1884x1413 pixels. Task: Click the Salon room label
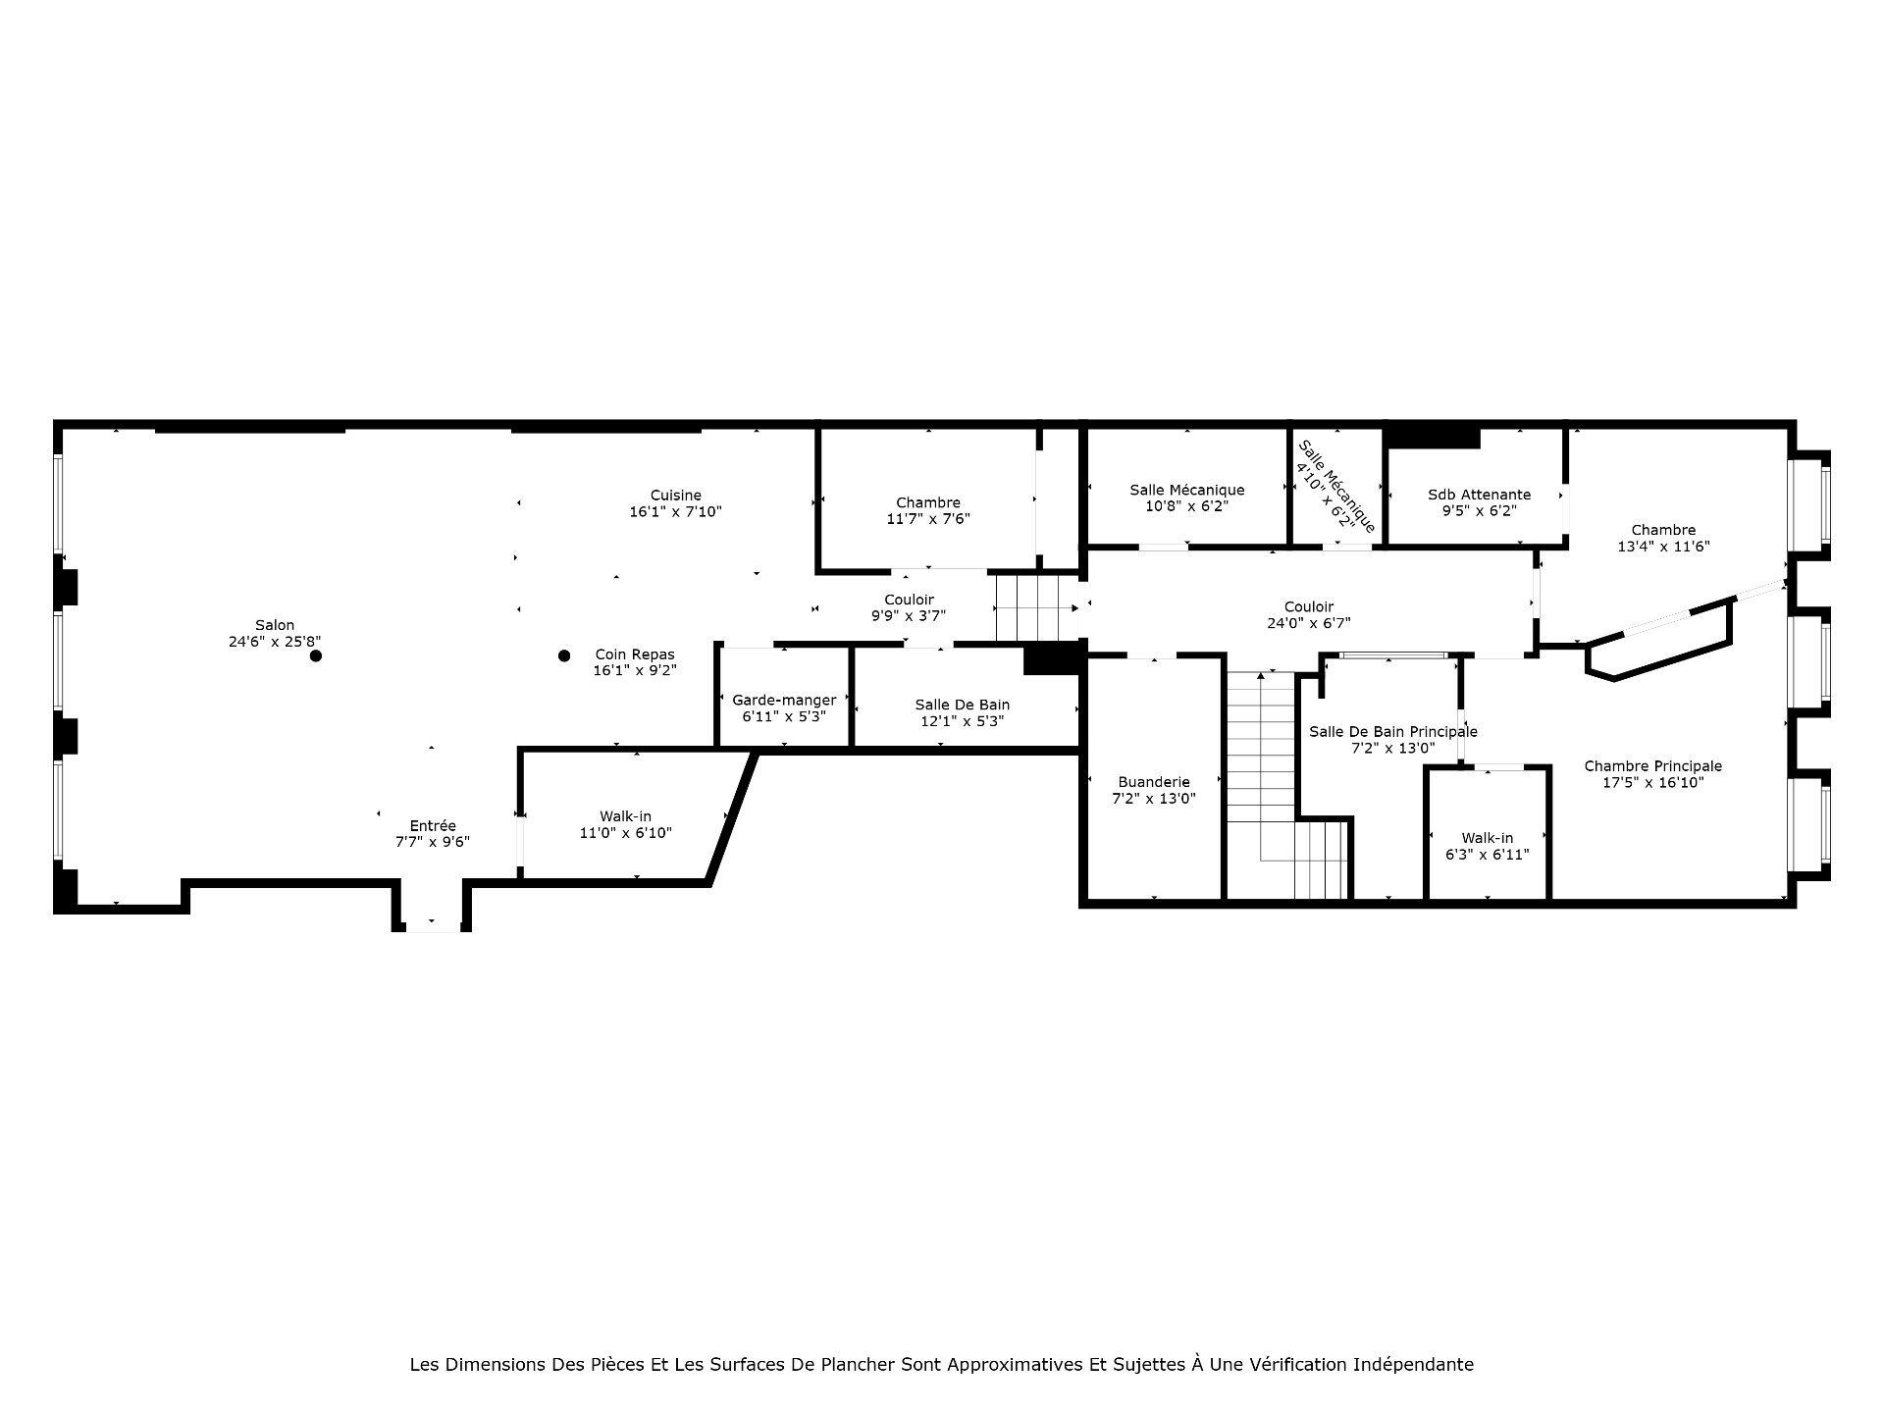(275, 625)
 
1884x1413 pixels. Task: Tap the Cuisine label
(676, 496)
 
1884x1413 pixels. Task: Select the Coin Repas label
(635, 654)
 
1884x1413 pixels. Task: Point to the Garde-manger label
(784, 700)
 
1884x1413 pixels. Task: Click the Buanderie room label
(1154, 782)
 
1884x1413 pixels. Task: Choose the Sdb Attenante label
(1479, 495)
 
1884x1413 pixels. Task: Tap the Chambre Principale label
(1652, 766)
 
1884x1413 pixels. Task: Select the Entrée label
(433, 826)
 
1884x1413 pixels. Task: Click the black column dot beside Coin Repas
(564, 655)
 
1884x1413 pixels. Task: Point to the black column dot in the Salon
(316, 655)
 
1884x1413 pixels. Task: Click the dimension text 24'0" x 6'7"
(1309, 623)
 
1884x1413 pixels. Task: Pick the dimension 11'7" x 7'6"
(928, 519)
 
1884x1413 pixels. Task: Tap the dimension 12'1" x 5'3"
(962, 721)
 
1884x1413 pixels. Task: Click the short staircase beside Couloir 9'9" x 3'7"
(1037, 607)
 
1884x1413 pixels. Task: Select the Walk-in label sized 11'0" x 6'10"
(625, 816)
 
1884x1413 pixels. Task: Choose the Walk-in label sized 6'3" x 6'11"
(1488, 838)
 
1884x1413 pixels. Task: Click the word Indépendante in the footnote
(1414, 1365)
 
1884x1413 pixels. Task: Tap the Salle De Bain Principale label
(1393, 732)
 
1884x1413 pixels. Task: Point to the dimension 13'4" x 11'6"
(1663, 547)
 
